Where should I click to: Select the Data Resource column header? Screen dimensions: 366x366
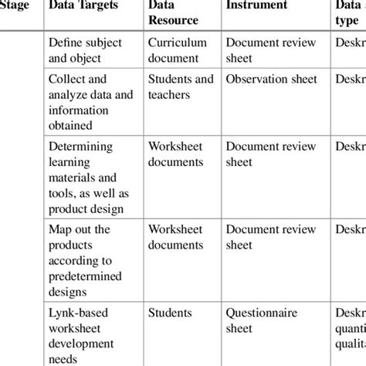point(173,12)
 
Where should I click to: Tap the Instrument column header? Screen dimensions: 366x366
point(256,5)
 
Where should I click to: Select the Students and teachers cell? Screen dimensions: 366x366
point(181,86)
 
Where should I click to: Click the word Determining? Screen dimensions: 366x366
point(80,146)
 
